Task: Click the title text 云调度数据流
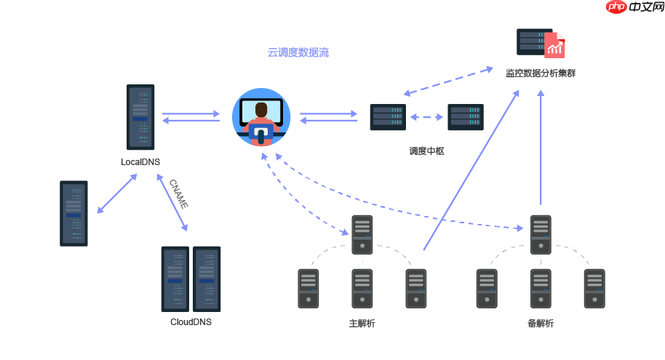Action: pos(298,52)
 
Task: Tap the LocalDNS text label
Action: pos(140,161)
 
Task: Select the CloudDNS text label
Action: pos(191,321)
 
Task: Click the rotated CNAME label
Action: pos(178,193)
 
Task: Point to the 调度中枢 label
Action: pos(426,151)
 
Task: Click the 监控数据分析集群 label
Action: pos(541,73)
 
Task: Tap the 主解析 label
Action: pos(362,323)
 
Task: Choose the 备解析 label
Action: pos(541,323)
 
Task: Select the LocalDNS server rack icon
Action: pos(140,116)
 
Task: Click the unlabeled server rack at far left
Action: pos(73,213)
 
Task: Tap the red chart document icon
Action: pos(555,46)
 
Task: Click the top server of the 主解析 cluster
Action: pos(362,234)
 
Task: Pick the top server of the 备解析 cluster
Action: pos(541,234)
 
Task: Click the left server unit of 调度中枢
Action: pos(387,117)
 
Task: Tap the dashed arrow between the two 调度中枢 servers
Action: pos(426,116)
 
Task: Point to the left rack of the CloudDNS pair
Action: pos(175,279)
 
